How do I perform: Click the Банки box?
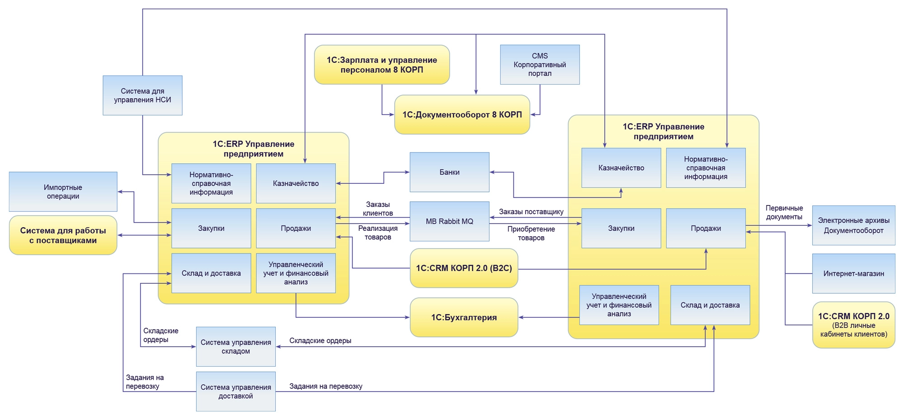449,172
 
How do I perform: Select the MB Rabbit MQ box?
449,221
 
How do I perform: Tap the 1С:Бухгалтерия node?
464,317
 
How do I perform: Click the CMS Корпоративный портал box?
540,64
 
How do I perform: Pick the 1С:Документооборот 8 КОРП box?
462,115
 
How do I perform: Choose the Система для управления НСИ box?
142,95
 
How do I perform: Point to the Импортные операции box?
63,191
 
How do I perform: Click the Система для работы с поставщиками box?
63,235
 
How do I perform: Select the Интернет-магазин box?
853,273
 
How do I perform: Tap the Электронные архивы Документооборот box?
853,225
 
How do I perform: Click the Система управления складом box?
235,347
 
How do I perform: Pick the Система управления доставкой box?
235,391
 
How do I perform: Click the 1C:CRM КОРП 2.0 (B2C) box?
464,268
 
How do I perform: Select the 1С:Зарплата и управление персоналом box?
381,65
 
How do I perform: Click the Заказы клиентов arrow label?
378,209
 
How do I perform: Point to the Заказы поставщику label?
531,211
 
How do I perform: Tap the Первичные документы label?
784,212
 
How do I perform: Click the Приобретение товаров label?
531,233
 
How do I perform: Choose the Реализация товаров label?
378,233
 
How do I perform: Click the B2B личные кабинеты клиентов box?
853,325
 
